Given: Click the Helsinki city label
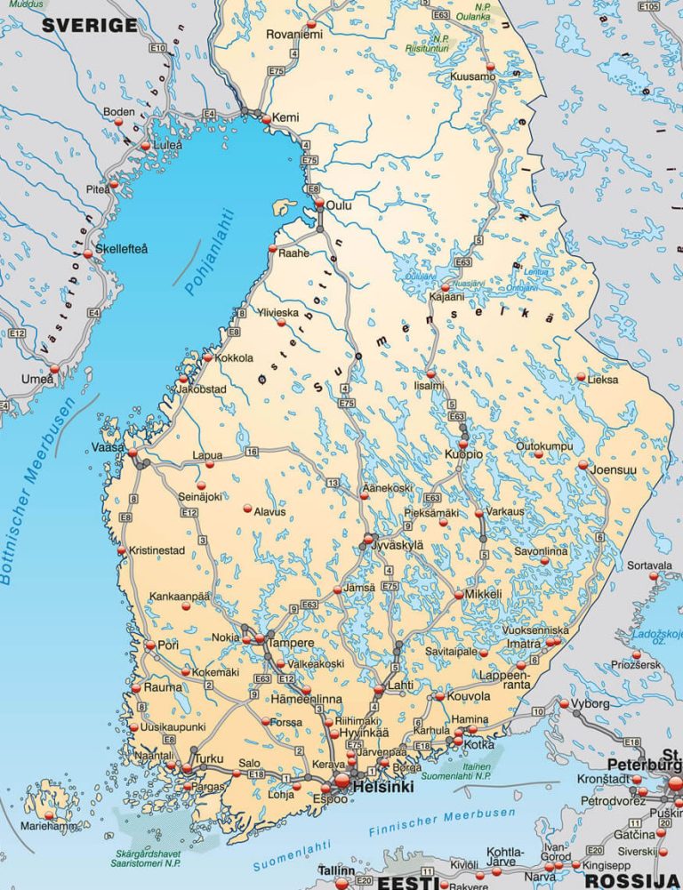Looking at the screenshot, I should click(383, 788).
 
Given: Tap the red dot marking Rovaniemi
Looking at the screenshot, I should click(311, 24).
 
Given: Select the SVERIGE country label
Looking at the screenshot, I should click(89, 25).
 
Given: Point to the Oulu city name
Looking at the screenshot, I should click(339, 205).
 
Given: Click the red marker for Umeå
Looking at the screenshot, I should click(54, 368).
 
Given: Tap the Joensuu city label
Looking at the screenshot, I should click(614, 469).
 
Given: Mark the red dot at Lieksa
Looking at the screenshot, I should click(582, 378).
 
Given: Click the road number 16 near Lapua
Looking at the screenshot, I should click(252, 453).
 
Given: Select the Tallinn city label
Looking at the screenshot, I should click(337, 870).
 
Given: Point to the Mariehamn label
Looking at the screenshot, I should click(49, 826).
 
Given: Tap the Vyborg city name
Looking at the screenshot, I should click(591, 703).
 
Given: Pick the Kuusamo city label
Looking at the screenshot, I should click(472, 77).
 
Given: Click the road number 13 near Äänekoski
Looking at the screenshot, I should click(333, 482).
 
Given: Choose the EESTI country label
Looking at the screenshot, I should click(406, 882).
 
